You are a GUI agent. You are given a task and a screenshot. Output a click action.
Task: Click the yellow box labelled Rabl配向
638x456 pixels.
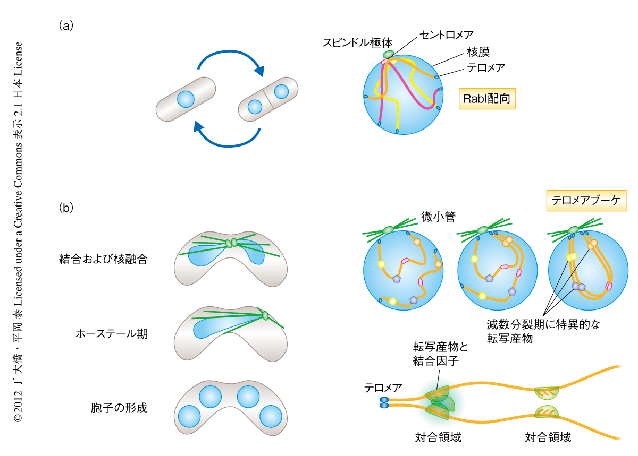click(x=487, y=98)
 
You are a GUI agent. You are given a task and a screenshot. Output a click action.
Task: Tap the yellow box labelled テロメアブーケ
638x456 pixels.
click(x=587, y=201)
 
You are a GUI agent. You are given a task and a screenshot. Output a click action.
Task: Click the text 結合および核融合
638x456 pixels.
click(x=103, y=260)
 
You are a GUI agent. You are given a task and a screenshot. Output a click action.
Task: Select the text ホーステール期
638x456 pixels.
click(x=112, y=334)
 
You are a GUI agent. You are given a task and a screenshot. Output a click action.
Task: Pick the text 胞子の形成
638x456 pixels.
click(x=119, y=408)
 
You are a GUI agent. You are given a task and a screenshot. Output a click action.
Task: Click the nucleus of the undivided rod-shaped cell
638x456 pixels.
click(x=186, y=99)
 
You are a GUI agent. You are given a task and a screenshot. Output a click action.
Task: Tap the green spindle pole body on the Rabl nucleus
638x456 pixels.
click(x=389, y=54)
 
